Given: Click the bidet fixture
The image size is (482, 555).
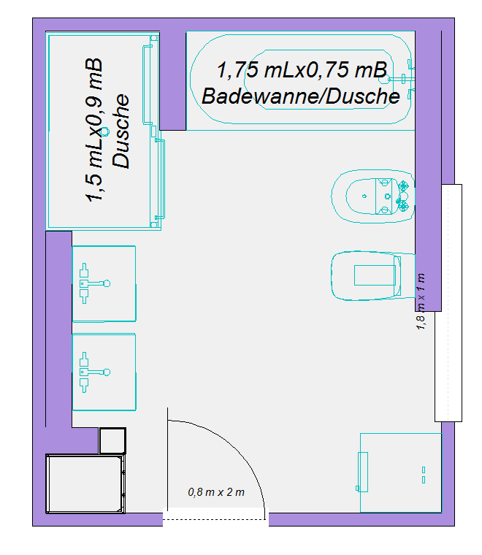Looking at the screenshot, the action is pos(373,196).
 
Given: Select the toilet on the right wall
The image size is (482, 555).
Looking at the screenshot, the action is pos(373,276).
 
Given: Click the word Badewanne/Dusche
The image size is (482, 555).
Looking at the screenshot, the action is pos(301,96).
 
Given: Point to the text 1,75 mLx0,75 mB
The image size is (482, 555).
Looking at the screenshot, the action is pos(302,69).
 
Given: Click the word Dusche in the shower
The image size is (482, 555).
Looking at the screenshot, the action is pos(121,131).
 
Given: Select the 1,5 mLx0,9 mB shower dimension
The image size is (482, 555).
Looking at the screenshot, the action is pos(94,130).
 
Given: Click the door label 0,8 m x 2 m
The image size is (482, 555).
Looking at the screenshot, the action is pos(216,492).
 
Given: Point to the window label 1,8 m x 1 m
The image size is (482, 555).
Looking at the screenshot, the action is pos(421,301).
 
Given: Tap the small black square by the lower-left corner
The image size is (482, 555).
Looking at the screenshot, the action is pos(112,440).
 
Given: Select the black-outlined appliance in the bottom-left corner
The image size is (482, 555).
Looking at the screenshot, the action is pos(85,483).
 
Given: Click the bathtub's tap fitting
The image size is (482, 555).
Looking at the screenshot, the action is pos(402,79).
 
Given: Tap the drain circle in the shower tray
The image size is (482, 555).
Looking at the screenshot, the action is pos(104,131).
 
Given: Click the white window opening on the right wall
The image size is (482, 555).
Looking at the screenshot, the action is pos(448,303).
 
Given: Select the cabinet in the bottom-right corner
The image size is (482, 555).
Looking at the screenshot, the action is pos(401,472).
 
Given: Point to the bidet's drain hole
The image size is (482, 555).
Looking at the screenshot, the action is pos(364,196).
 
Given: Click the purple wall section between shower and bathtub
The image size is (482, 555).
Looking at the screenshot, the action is pos(172,81).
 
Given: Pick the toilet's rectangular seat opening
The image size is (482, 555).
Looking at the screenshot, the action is pos(375,275).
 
